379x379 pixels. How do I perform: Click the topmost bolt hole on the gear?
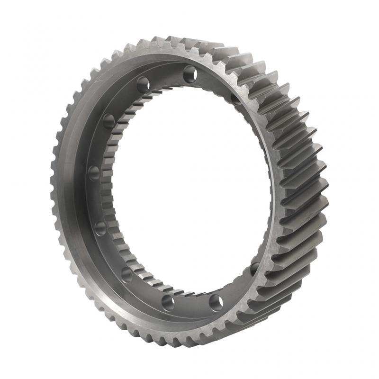pos(190,74)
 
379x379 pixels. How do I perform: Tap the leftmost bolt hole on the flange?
pos(94,172)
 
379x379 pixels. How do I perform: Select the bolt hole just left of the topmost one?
pos(143,85)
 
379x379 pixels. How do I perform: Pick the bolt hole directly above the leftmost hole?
pos(109,121)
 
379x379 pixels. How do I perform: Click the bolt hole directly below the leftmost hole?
pos(100,228)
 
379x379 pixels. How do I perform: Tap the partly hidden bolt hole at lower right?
pos(255,269)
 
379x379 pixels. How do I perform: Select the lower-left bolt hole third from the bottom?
pos(126,274)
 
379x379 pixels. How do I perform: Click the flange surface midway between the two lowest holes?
pos(192,306)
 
